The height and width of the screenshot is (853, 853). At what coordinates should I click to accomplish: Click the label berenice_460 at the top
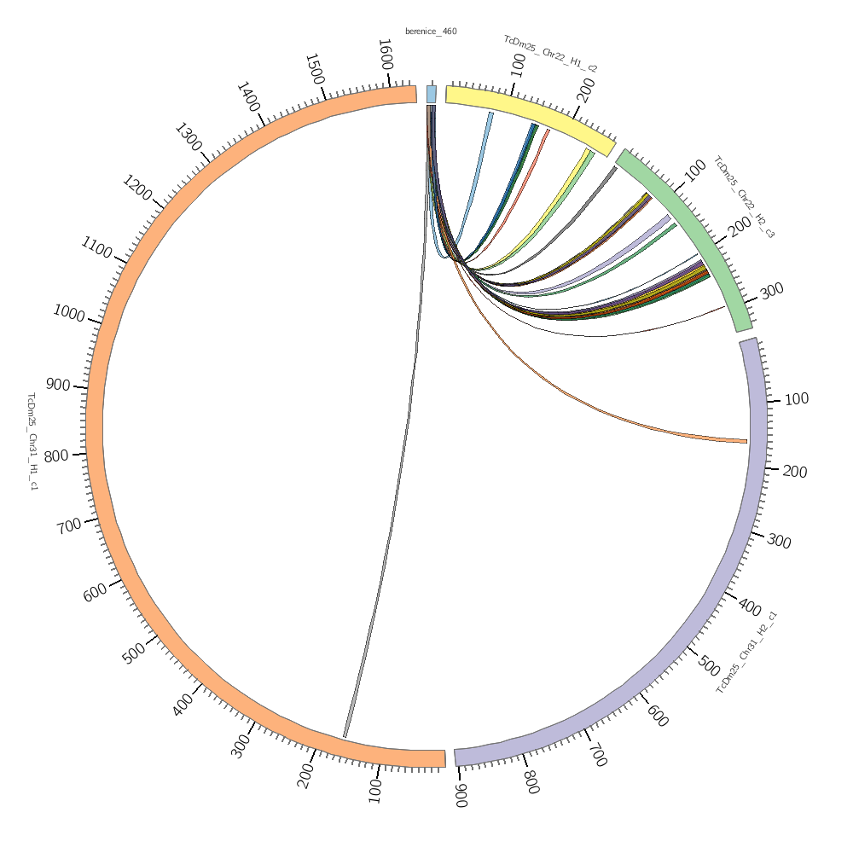pos(431,32)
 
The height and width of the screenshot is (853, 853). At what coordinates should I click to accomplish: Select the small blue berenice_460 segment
pos(432,94)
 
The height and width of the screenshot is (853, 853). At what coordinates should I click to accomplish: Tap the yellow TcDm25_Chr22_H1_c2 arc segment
pos(529,114)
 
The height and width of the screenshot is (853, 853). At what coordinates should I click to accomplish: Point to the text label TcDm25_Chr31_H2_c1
pos(746,652)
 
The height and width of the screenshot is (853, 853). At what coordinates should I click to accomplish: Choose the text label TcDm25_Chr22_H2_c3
pos(744,196)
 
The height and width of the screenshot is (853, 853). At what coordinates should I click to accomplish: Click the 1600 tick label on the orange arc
pos(386,55)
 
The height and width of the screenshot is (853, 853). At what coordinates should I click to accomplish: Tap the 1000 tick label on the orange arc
pos(68,313)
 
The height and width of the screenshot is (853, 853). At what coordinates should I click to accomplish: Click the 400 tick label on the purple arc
pos(750,608)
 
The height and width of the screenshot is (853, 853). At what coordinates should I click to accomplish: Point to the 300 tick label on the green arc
pos(771,291)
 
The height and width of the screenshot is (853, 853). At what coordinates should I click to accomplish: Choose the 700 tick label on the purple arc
pos(597,755)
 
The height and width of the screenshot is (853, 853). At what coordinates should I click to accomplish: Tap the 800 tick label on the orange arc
pos(57,456)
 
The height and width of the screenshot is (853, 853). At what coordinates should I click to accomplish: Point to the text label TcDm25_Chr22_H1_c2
pos(551,53)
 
